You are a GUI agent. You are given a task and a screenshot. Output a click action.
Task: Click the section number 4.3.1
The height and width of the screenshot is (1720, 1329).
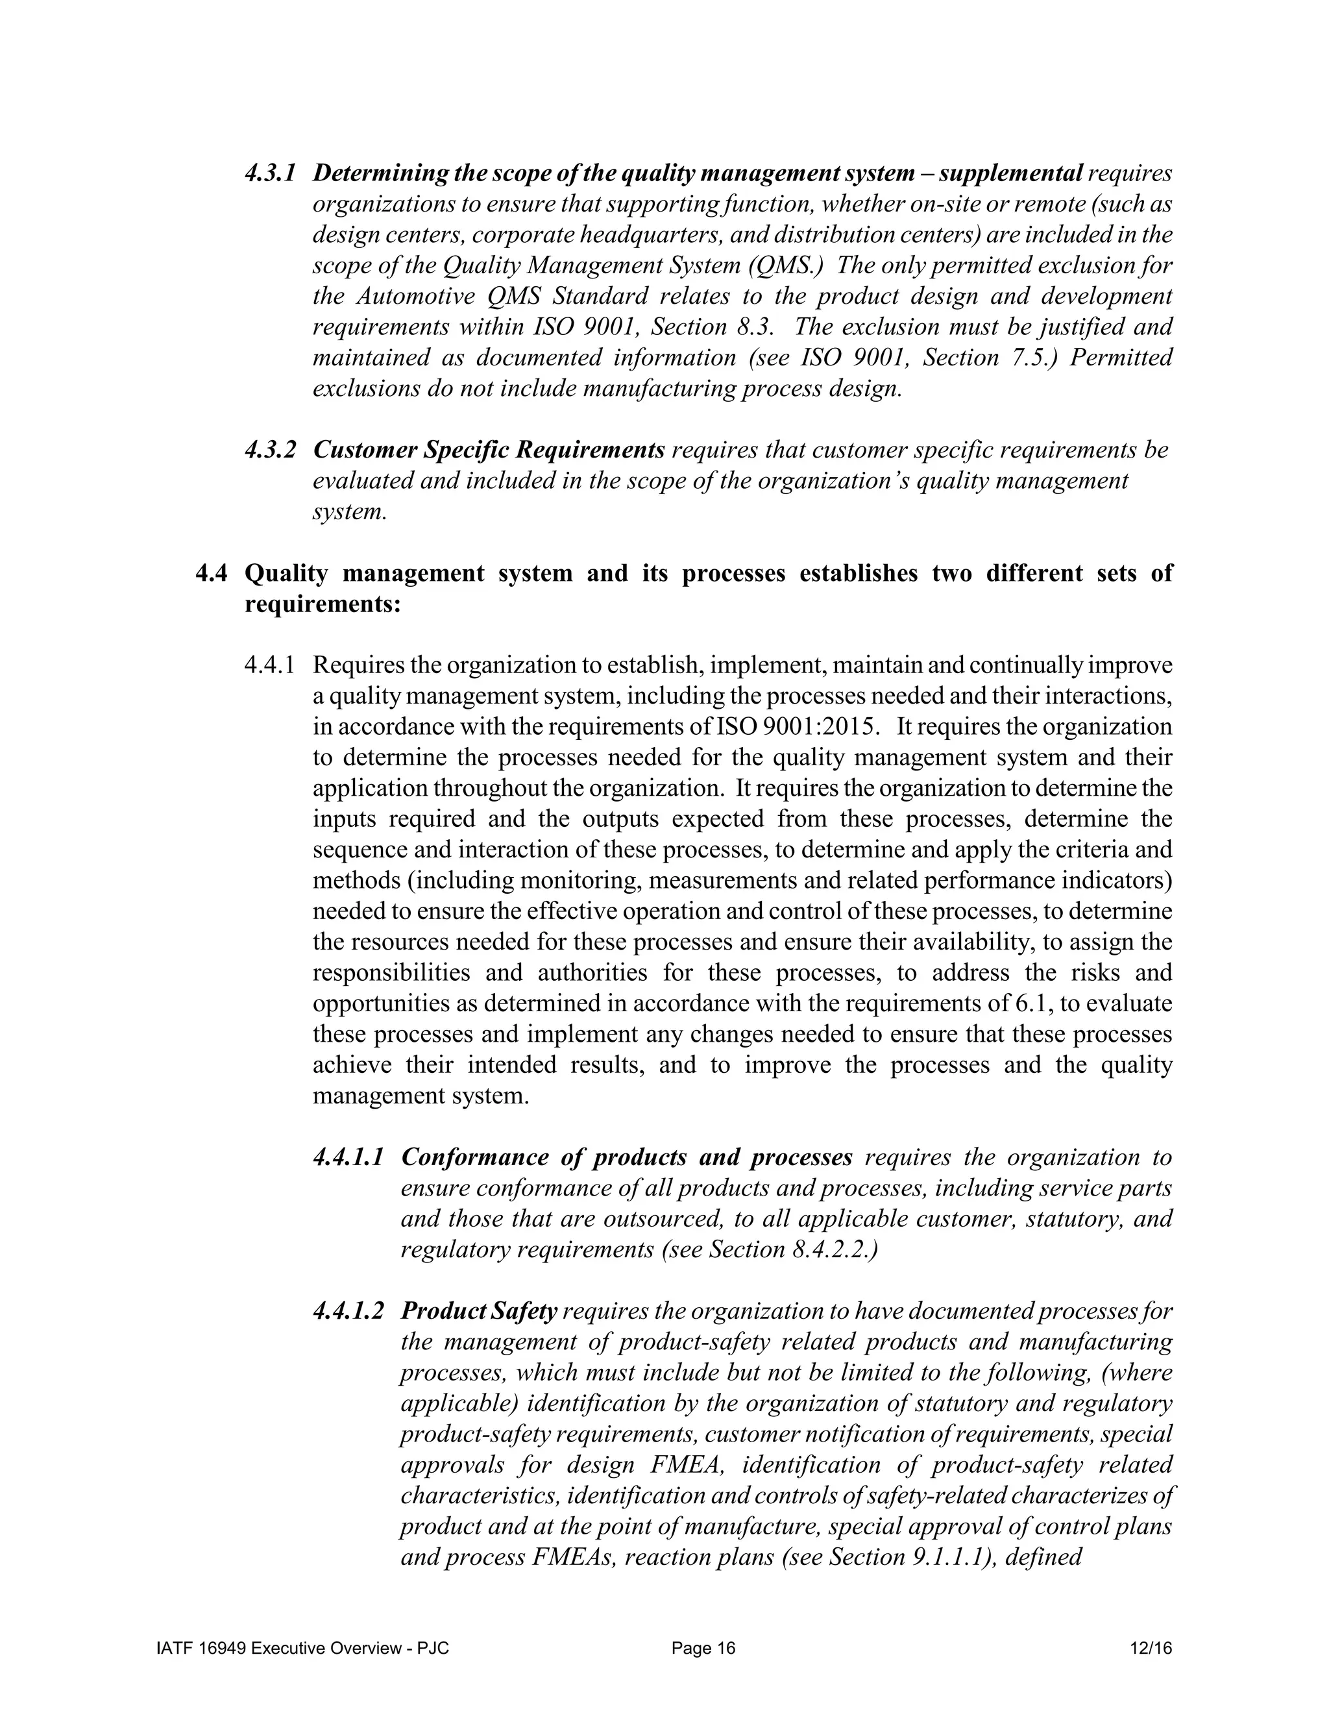[269, 173]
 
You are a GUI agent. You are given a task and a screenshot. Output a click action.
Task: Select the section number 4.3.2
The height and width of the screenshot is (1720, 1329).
[270, 450]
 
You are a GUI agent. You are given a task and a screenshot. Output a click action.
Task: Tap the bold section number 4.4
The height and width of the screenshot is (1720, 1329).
[211, 573]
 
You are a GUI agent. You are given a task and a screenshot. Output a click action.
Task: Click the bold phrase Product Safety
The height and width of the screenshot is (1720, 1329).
[479, 1311]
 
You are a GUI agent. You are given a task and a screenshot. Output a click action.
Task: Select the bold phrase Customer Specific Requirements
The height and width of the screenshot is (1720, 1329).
[488, 450]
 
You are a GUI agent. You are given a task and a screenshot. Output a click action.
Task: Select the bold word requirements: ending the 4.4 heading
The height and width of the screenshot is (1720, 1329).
[323, 605]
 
